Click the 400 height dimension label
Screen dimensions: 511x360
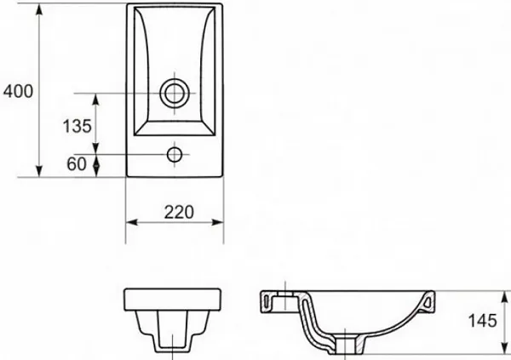pyautogui.click(x=18, y=91)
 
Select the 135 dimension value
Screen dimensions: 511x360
pyautogui.click(x=77, y=126)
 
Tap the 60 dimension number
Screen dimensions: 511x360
pyautogui.click(x=77, y=164)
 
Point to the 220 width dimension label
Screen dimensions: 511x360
pyautogui.click(x=179, y=213)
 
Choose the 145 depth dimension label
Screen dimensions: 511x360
pyautogui.click(x=483, y=321)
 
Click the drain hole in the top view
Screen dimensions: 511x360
pyautogui.click(x=175, y=93)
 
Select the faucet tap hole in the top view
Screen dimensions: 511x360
pyautogui.click(x=175, y=154)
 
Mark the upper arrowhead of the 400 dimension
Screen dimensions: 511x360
pyautogui.click(x=39, y=9)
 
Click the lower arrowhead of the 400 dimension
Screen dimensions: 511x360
pyautogui.click(x=39, y=171)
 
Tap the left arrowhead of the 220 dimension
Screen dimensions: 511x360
pyautogui.click(x=132, y=222)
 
